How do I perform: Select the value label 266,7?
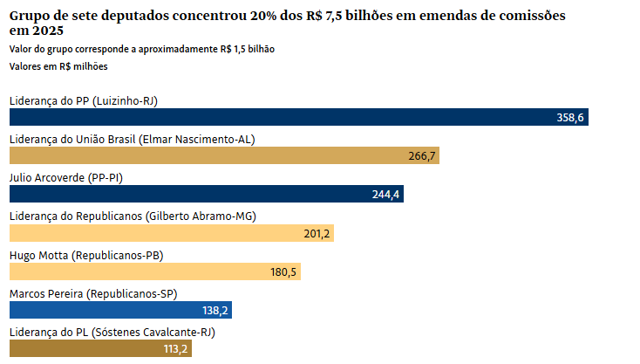422,155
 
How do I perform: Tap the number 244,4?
385,195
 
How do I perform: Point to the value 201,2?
317,233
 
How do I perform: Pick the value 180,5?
283,271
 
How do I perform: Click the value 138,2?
214,310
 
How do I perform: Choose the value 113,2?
175,348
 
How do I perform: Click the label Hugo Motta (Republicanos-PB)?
86,256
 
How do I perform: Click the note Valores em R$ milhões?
58,66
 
